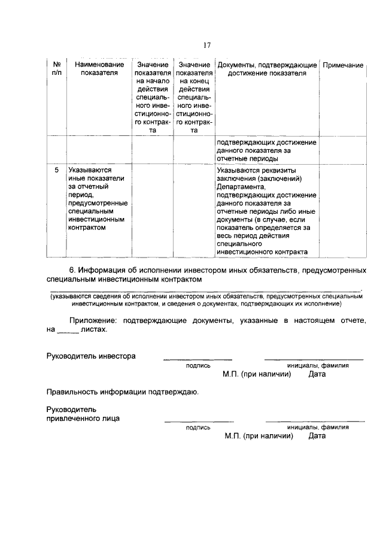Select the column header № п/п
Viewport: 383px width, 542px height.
click(56, 69)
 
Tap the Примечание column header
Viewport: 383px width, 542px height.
click(343, 65)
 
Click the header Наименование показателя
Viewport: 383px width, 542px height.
click(99, 69)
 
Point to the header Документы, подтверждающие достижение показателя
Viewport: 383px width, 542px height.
click(267, 69)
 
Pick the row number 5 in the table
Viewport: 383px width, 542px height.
click(56, 170)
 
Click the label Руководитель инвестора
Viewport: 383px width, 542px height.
click(91, 356)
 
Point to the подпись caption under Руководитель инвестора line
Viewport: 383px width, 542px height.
click(198, 365)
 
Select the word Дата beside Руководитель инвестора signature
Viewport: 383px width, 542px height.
click(317, 374)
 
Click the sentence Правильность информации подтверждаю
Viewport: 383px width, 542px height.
click(123, 392)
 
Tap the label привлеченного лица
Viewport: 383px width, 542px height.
click(83, 419)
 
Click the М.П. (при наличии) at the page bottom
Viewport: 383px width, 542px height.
click(259, 437)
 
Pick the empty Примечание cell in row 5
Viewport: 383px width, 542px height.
click(343, 210)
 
